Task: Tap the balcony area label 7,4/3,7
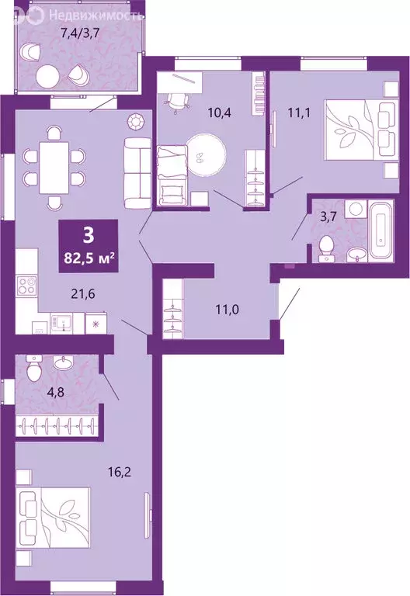pyautogui.click(x=78, y=33)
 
